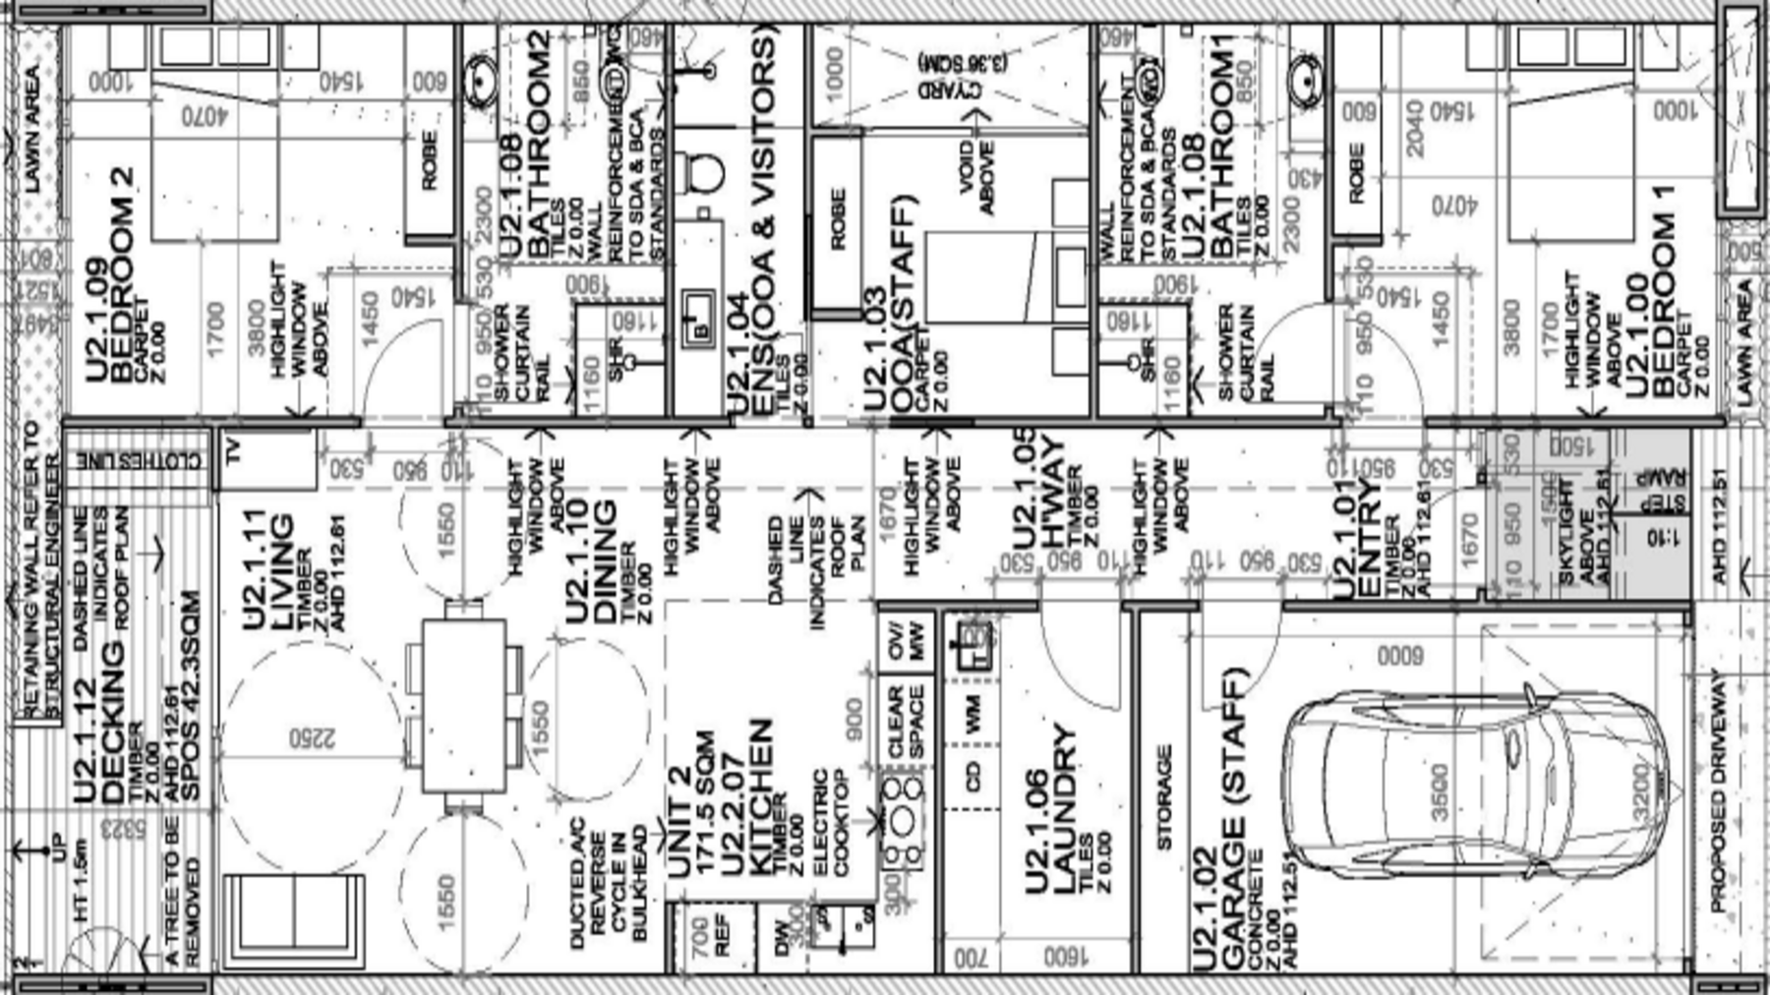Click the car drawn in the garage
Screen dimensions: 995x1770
click(x=1475, y=787)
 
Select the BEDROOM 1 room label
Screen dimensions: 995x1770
click(x=1662, y=305)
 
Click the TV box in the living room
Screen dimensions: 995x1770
click(x=233, y=453)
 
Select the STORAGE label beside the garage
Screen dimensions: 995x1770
click(x=1163, y=796)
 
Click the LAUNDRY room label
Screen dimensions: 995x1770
click(x=1052, y=811)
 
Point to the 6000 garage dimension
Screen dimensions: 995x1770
click(x=1399, y=656)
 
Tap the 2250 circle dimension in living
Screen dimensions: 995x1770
click(x=312, y=737)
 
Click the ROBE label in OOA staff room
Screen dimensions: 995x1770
click(x=837, y=218)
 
